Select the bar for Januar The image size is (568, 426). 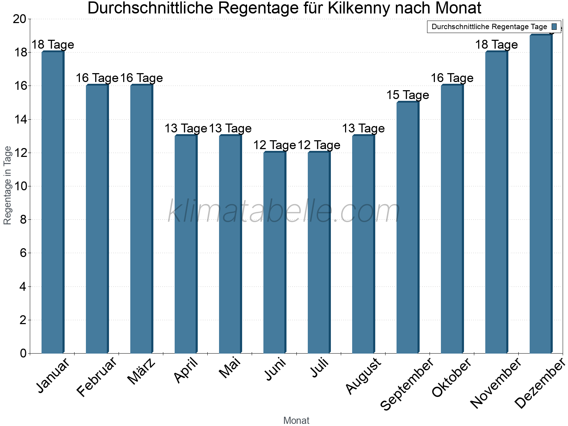(x=53, y=202)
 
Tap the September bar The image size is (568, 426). (x=408, y=228)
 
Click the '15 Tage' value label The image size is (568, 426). (x=408, y=95)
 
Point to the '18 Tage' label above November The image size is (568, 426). (x=496, y=45)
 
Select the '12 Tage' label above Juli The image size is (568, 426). (x=319, y=145)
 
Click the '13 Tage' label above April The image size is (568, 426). (x=186, y=129)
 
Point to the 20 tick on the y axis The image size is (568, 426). (x=20, y=19)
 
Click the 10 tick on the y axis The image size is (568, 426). (x=20, y=186)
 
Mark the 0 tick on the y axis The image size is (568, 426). (x=23, y=353)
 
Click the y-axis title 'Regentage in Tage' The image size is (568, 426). (x=7, y=185)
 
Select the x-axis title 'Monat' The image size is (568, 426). (x=296, y=421)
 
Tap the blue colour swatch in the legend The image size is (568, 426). (x=554, y=27)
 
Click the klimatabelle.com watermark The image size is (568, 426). (x=284, y=212)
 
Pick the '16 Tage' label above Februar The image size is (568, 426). (x=97, y=78)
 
